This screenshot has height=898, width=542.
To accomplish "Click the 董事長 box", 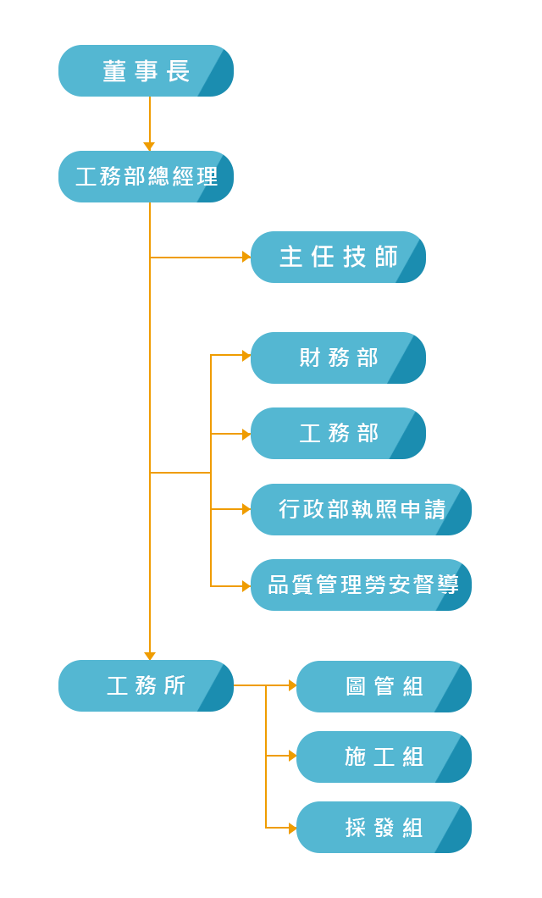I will click(147, 71).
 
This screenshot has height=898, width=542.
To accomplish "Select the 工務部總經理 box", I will click(147, 176).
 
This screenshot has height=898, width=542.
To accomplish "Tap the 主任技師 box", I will click(338, 257).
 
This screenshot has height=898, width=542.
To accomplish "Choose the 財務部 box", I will click(339, 358).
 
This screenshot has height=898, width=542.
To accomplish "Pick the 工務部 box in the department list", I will click(339, 433).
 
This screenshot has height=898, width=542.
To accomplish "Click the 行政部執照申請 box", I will click(361, 509).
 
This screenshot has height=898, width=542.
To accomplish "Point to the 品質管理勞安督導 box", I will click(361, 585).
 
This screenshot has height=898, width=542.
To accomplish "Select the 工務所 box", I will click(147, 685).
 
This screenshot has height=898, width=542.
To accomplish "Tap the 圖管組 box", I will click(383, 686).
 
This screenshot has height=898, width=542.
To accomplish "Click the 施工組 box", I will click(383, 757).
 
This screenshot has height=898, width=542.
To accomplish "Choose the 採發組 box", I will click(383, 827).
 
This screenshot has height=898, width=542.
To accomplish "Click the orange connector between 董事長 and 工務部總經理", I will click(149, 119).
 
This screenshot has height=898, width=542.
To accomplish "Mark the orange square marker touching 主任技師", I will click(246, 257).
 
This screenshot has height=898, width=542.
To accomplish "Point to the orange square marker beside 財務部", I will click(246, 356).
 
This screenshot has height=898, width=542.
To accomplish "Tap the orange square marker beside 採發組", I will click(291, 827).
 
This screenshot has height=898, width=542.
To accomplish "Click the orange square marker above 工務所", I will click(150, 655).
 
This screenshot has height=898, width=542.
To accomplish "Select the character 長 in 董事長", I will click(178, 71).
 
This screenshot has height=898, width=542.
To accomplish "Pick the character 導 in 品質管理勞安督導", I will click(449, 585).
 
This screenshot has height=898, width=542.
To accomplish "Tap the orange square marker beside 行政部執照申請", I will click(246, 509).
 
